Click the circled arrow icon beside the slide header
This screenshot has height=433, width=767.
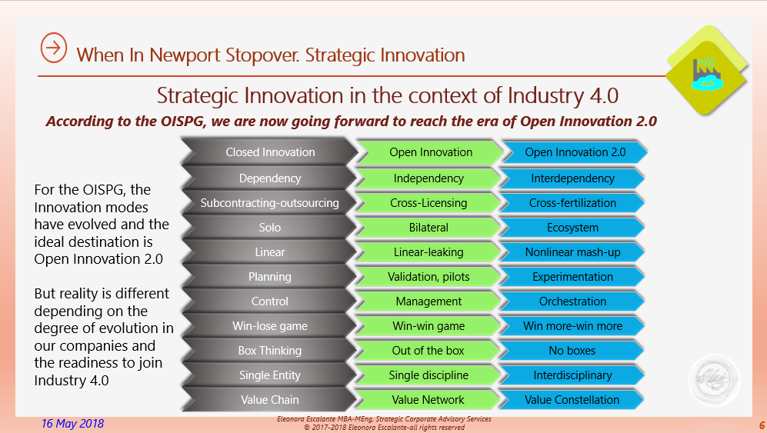pos(53,48)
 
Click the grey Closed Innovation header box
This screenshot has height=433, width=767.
pos(270,152)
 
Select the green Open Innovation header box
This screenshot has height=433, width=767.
pos(431,152)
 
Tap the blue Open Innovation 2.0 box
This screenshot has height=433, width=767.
pos(575,152)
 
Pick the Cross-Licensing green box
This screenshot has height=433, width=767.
pos(429,203)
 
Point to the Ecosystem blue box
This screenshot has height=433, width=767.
pos(572,228)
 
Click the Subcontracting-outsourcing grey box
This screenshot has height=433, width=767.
pos(270,203)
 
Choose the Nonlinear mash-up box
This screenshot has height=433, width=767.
pos(572,252)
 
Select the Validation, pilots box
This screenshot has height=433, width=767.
pos(429,277)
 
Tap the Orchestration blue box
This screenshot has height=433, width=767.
pos(572,301)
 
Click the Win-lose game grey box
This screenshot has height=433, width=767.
pos(270,326)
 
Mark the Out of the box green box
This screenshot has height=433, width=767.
pos(429,351)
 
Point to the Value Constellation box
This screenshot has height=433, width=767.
pos(572,400)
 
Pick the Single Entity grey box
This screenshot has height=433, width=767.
pos(270,375)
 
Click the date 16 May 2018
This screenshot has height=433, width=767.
pos(73,424)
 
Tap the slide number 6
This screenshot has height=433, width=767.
pos(761,425)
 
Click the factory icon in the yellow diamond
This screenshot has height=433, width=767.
pos(706,72)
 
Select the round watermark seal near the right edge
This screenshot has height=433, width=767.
pos(715,379)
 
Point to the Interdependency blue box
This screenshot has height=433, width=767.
pos(572,178)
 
